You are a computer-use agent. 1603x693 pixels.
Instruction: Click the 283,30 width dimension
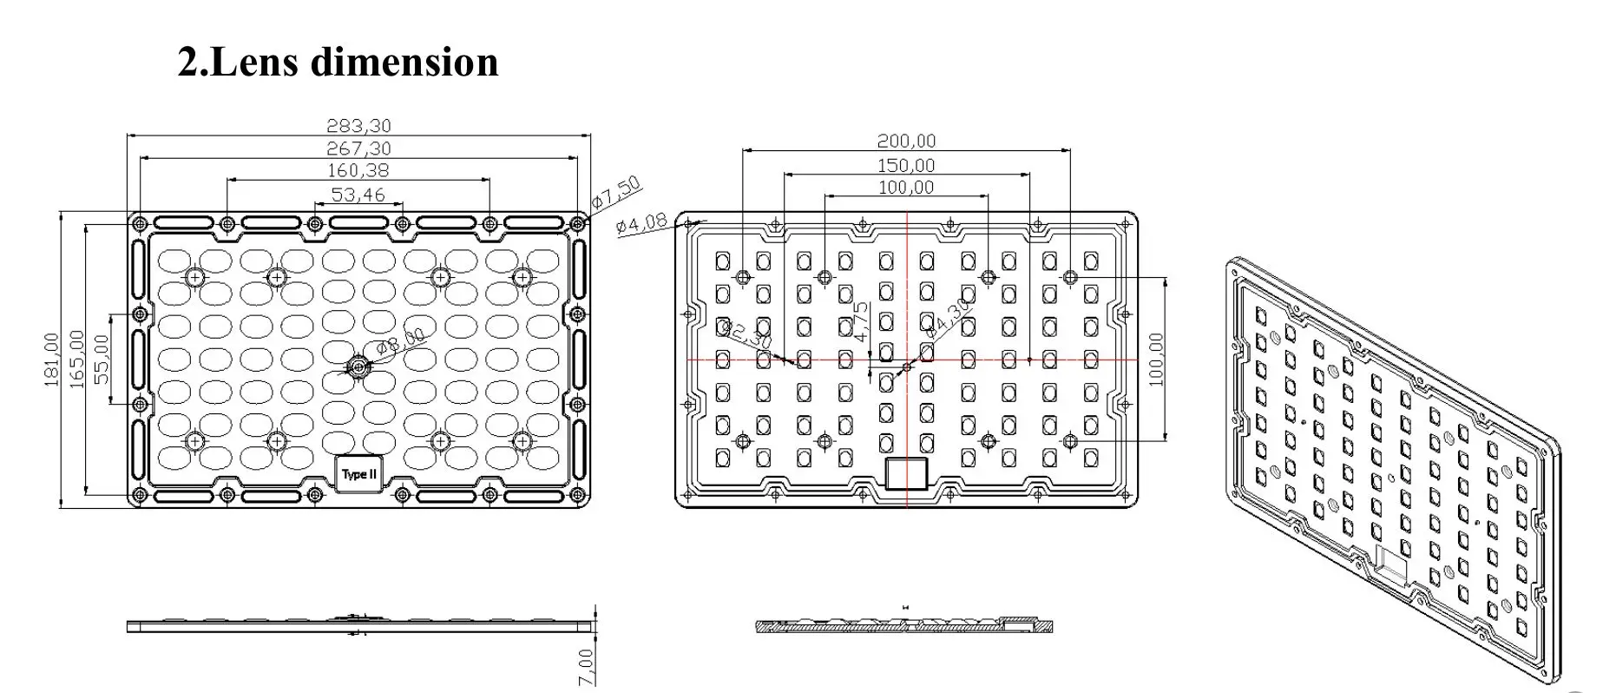pyautogui.click(x=358, y=127)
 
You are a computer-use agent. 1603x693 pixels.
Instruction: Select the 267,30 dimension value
pyautogui.click(x=358, y=149)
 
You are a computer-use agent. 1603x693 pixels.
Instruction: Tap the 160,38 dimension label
pyautogui.click(x=358, y=171)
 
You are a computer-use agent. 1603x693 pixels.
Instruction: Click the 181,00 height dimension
pyautogui.click(x=52, y=359)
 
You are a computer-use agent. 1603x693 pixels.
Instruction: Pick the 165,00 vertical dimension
pyautogui.click(x=77, y=359)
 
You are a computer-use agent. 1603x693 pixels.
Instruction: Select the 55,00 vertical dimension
pyautogui.click(x=102, y=359)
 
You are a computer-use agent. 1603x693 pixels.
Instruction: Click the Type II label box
pyautogui.click(x=359, y=474)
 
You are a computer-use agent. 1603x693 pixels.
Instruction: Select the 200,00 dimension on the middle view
pyautogui.click(x=906, y=141)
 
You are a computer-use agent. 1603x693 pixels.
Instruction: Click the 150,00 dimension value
pyautogui.click(x=906, y=166)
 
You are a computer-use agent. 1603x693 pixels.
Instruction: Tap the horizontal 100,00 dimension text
pyautogui.click(x=906, y=188)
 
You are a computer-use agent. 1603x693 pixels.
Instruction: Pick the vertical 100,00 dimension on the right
pyautogui.click(x=1156, y=359)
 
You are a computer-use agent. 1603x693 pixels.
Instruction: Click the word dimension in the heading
pyautogui.click(x=404, y=62)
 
